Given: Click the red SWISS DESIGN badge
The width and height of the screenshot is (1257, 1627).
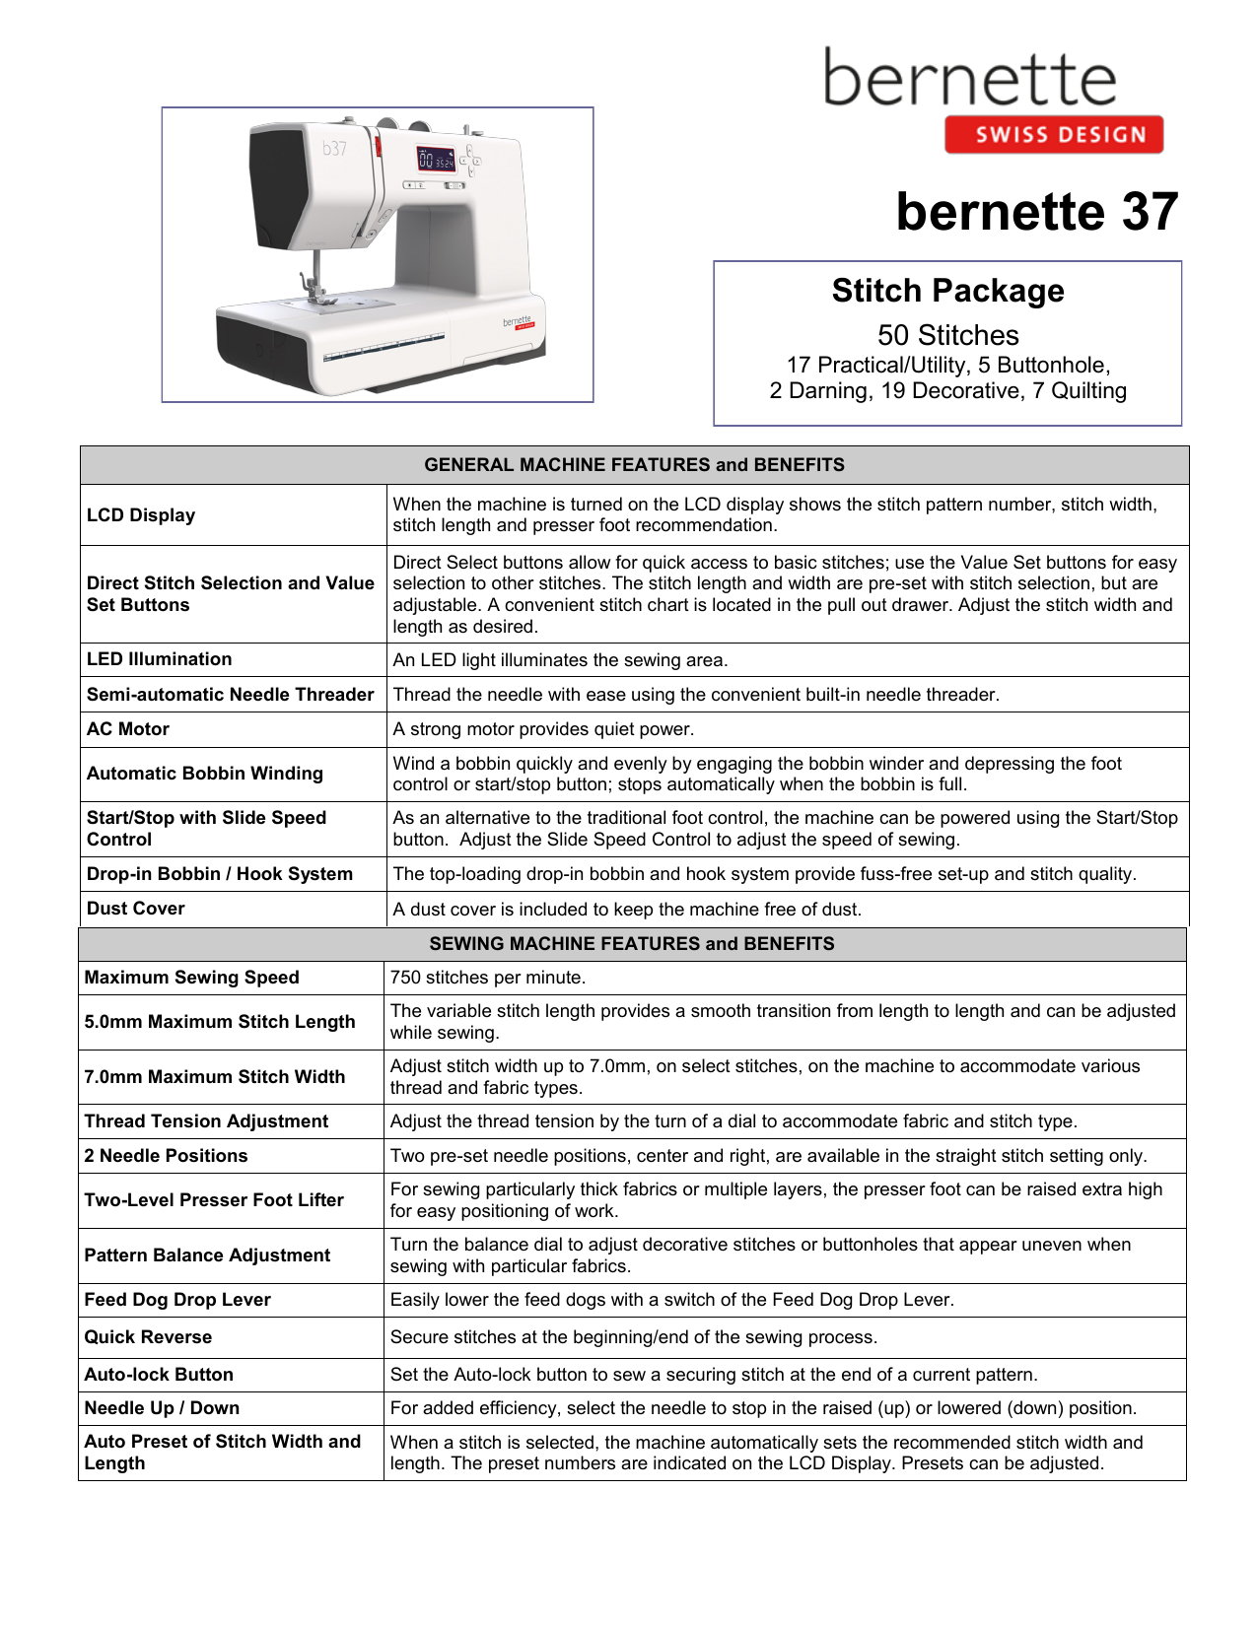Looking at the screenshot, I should pos(1053,135).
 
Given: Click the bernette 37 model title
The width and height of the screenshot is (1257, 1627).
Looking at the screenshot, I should pos(1036,212).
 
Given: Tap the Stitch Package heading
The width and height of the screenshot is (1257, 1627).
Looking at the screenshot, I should pos(947,291).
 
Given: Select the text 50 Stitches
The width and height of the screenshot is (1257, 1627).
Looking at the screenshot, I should pos(947,335).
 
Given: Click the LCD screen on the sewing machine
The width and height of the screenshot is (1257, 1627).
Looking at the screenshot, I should pos(436,160).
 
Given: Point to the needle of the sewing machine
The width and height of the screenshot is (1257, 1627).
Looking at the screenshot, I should pos(316,266).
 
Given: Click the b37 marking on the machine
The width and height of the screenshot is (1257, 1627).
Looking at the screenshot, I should pos(334,149).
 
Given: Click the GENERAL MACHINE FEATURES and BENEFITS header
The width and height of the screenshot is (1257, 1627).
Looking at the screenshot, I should pos(634,465).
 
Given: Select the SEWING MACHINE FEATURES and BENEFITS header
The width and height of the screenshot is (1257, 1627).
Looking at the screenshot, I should pos(632,944).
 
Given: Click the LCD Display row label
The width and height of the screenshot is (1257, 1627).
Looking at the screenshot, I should pos(141,515).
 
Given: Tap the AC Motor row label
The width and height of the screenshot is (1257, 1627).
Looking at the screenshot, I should pos(128,729).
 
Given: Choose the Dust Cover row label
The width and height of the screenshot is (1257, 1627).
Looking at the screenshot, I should pos(136,909).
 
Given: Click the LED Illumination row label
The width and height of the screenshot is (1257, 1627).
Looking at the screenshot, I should pos(160,659).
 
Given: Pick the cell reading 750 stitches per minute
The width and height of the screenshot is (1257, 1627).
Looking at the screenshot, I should pos(488,978).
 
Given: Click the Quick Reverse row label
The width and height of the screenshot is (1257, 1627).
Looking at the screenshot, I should pos(148,1337).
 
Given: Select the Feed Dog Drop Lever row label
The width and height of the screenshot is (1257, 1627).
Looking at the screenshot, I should pos(177,1300).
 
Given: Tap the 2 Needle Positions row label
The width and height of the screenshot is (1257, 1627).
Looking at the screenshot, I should pos(166,1156).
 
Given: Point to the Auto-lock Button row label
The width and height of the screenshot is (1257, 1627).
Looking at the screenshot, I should pos(159,1375).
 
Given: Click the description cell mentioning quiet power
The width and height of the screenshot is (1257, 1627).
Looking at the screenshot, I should pos(543,729).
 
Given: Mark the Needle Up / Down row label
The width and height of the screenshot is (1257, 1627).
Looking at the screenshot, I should pos(162,1408).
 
